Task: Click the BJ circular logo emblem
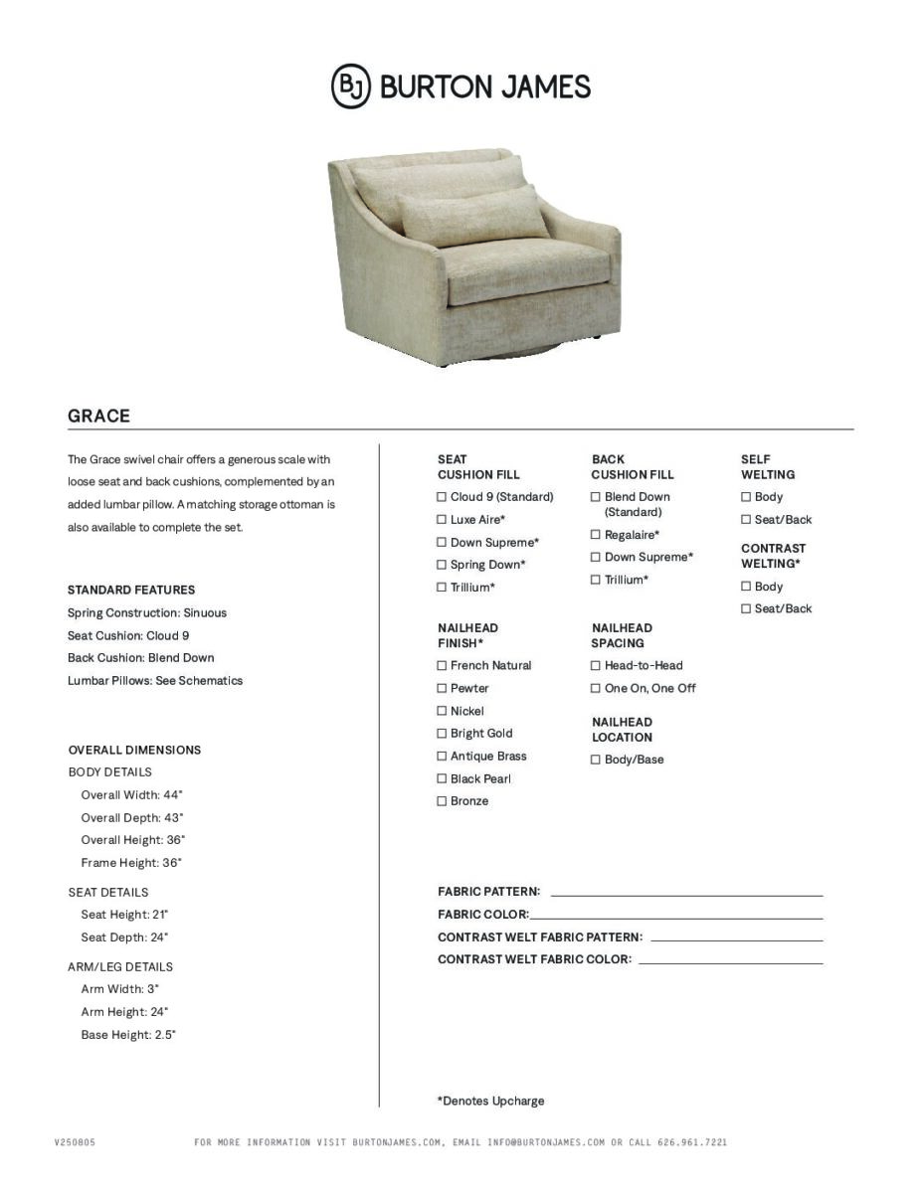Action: [350, 86]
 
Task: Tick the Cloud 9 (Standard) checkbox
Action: [442, 497]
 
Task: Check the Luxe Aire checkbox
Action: [442, 520]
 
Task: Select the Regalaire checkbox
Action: [596, 535]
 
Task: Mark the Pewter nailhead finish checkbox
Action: [442, 688]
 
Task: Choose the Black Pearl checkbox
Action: [442, 778]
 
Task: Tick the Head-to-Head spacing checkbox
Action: [596, 665]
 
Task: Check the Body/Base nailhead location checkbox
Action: [596, 760]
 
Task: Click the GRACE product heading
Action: [98, 416]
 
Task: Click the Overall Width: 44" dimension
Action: [131, 795]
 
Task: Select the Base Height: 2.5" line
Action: [128, 1035]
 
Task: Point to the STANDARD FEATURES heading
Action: [131, 590]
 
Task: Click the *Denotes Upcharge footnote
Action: [490, 1101]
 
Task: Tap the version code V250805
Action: [75, 1142]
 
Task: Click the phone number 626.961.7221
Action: [692, 1142]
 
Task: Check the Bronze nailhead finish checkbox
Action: [442, 801]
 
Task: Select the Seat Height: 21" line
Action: [124, 915]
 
